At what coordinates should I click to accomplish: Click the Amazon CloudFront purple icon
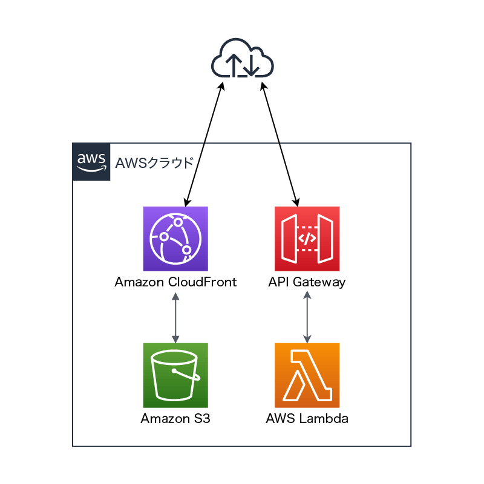pos(175,239)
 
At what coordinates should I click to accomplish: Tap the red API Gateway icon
pos(307,239)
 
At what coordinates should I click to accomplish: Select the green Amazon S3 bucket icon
pos(175,375)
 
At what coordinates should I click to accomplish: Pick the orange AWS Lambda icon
pos(307,375)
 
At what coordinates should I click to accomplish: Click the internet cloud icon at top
pos(243,59)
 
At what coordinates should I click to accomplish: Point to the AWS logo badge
pos(91,162)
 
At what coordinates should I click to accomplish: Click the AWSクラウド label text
pos(154,163)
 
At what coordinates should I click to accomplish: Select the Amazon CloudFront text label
pos(175,282)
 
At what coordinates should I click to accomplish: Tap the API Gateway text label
pos(307,282)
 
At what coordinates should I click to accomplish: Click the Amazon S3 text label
pos(175,418)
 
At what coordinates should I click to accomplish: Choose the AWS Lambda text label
pos(307,418)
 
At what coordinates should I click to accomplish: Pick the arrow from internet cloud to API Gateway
pos(280,144)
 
